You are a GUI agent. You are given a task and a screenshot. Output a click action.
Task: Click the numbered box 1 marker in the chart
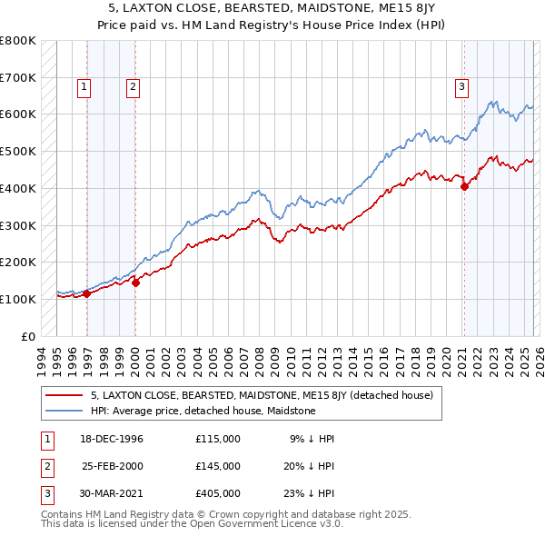click(x=84, y=87)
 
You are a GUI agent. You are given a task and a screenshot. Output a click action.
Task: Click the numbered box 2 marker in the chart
click(x=133, y=87)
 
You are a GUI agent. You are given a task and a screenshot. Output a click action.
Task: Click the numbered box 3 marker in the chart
click(x=461, y=87)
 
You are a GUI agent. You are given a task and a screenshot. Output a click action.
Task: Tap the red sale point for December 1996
click(x=87, y=293)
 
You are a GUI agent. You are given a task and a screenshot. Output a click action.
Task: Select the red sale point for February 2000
click(x=136, y=283)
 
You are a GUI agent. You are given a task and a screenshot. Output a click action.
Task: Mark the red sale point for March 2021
click(x=464, y=186)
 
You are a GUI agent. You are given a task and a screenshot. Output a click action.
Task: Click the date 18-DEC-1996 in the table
click(x=113, y=438)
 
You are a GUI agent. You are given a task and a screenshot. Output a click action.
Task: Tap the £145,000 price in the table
click(x=218, y=465)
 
